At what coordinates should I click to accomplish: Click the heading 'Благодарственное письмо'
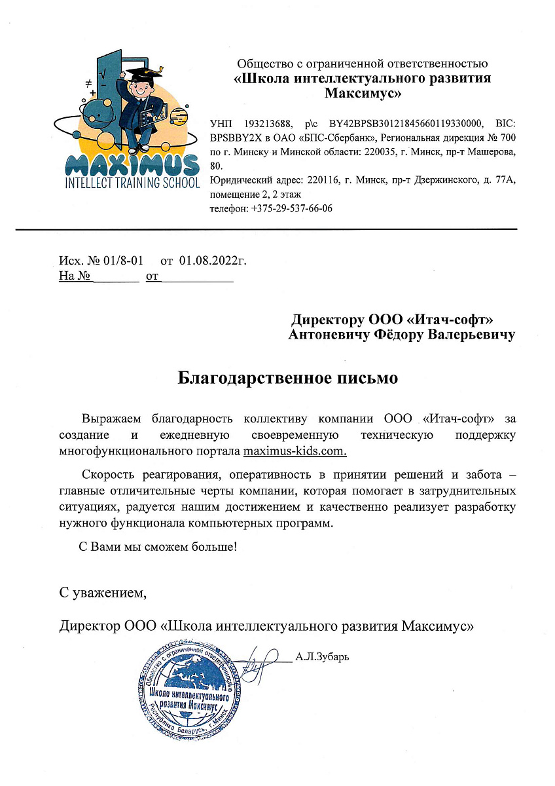[288, 378]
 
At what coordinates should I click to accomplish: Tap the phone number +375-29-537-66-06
[291, 208]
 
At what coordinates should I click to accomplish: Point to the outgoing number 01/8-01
[120, 261]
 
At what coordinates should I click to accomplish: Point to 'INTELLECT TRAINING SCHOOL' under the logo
[133, 183]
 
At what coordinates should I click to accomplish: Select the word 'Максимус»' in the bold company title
[363, 93]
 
